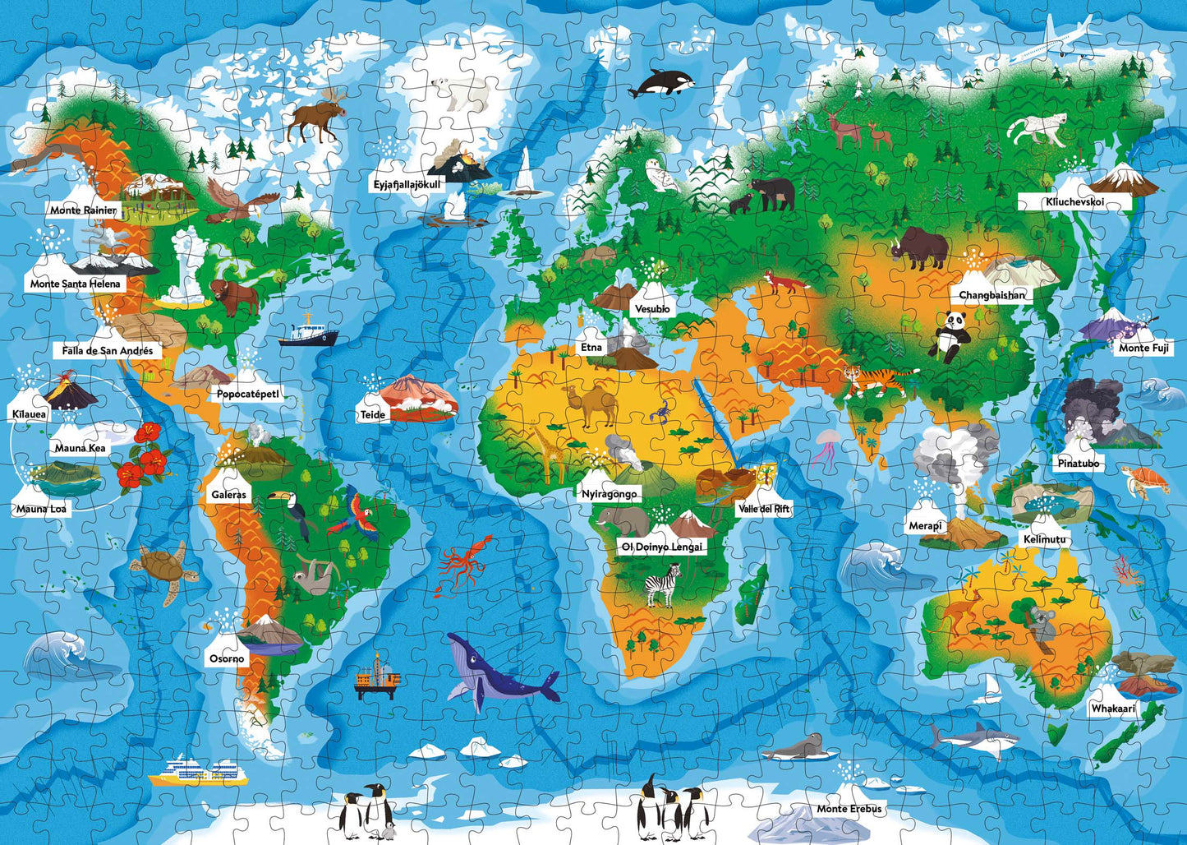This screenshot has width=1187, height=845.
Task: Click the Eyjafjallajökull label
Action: pyautogui.click(x=408, y=184)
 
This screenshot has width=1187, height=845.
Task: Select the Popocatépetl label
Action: pyautogui.click(x=247, y=394)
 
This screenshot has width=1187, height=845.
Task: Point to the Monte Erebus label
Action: pyautogui.click(x=849, y=809)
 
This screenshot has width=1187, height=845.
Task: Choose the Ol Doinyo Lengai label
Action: pyautogui.click(x=663, y=547)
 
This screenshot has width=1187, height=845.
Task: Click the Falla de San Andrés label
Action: pyautogui.click(x=108, y=350)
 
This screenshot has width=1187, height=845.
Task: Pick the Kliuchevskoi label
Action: pyautogui.click(x=1074, y=202)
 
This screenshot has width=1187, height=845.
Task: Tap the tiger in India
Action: pyautogui.click(x=875, y=379)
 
